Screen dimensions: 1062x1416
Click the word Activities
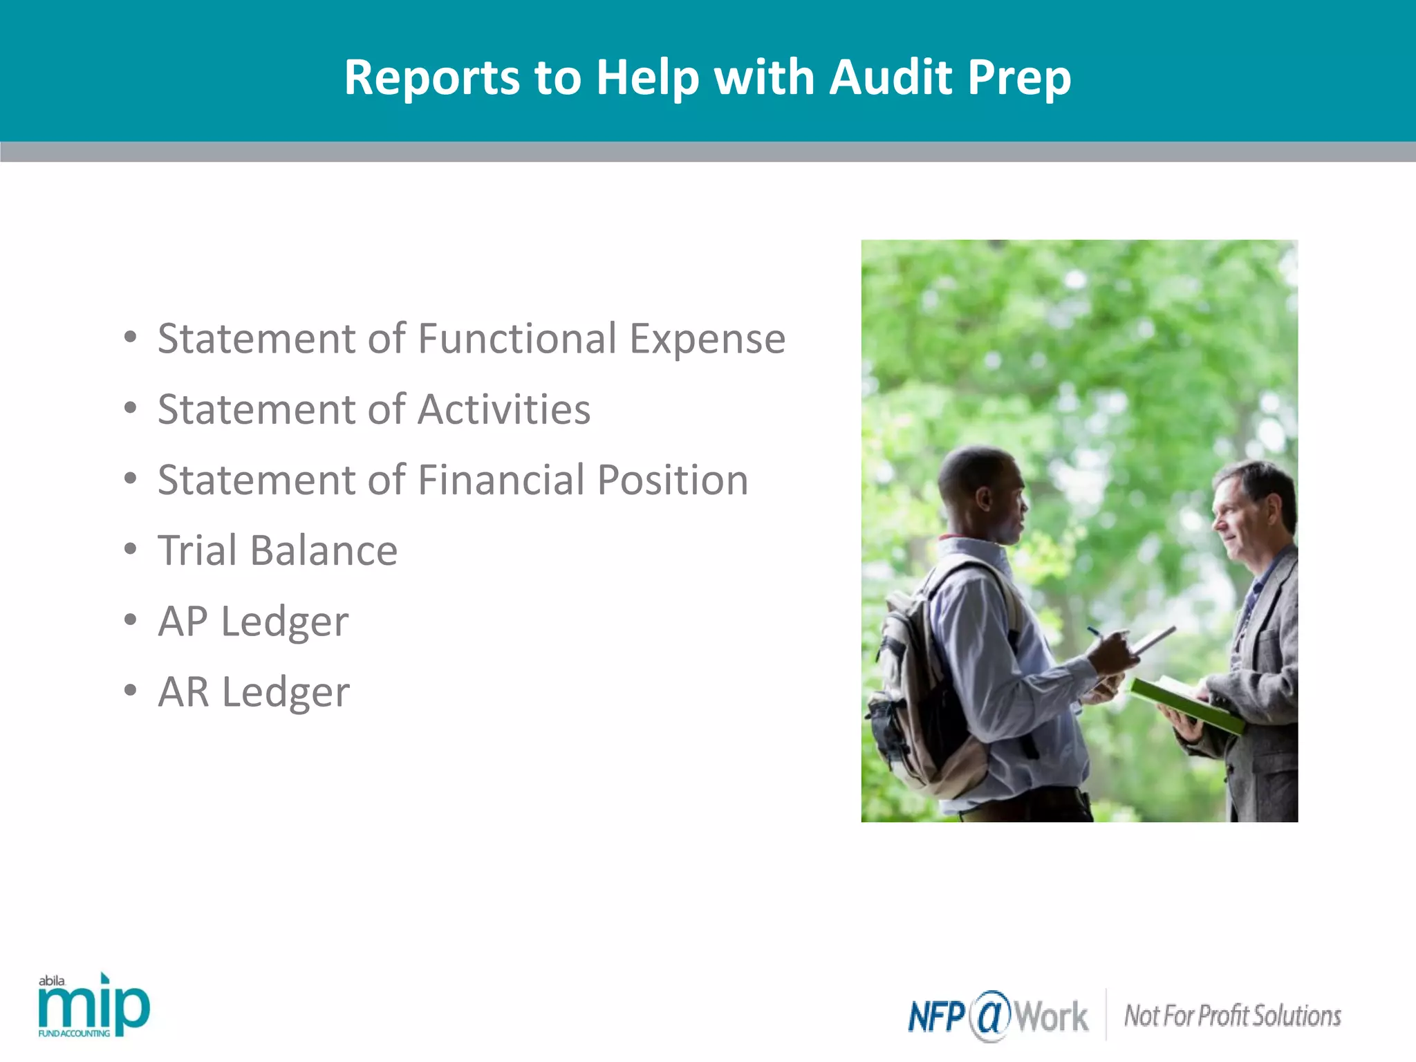coord(504,409)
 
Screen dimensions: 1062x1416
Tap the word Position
coord(672,480)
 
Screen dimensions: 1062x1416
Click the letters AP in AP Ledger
coord(183,621)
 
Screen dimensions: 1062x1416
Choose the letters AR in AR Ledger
coord(183,691)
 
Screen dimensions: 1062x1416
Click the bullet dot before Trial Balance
coord(131,549)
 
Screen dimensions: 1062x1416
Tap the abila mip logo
coord(93,1006)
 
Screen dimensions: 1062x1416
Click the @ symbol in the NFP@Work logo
coord(990,1016)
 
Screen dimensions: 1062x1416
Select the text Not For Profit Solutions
coord(1232,1016)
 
